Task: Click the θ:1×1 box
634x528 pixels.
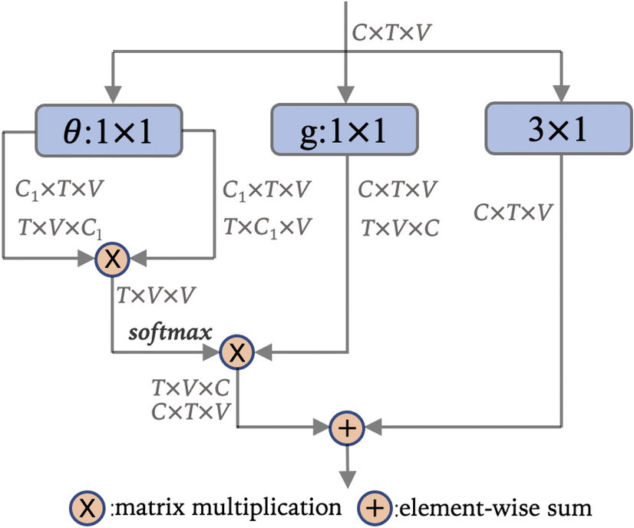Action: pyautogui.click(x=108, y=130)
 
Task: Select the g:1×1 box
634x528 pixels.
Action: pyautogui.click(x=345, y=130)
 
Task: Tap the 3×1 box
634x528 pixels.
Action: pyautogui.click(x=558, y=130)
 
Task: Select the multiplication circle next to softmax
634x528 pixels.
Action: pyautogui.click(x=237, y=353)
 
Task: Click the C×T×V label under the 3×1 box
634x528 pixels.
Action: pyautogui.click(x=512, y=212)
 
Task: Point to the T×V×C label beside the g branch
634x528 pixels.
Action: pyautogui.click(x=400, y=227)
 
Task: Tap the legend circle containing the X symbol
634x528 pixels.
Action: pyautogui.click(x=87, y=507)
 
